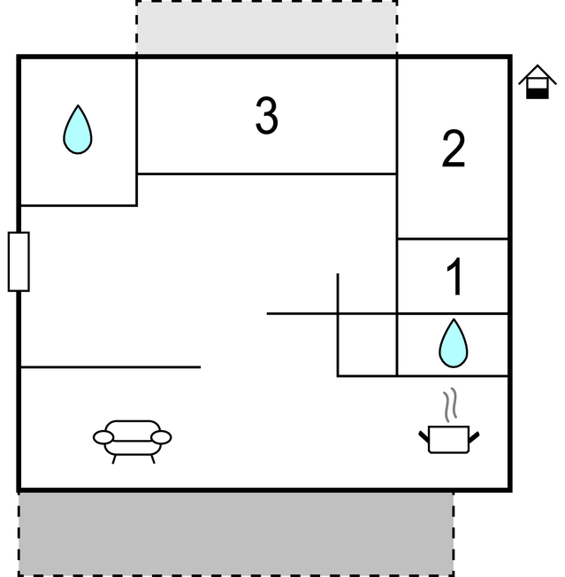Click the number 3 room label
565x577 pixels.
tap(267, 115)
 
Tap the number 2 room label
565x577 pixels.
tap(454, 149)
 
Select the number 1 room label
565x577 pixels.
tap(455, 276)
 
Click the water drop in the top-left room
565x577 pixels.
tap(78, 129)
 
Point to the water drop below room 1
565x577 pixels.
tap(454, 343)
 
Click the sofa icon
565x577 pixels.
tap(133, 442)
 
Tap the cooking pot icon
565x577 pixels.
tap(449, 439)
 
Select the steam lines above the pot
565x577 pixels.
tap(449, 404)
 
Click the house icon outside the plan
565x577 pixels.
tap(538, 81)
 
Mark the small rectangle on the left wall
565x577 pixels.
tap(19, 262)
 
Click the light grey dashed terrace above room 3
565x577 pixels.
tap(267, 27)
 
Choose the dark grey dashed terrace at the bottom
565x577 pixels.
tap(236, 534)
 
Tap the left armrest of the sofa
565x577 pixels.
tap(103, 437)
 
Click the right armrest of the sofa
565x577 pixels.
tap(161, 437)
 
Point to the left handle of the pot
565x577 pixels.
tap(424, 436)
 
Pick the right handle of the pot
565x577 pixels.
tap(474, 437)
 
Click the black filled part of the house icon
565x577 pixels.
tap(538, 94)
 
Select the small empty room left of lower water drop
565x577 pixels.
tap(367, 345)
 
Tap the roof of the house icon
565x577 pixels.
tap(538, 74)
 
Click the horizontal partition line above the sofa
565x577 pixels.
tap(111, 367)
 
